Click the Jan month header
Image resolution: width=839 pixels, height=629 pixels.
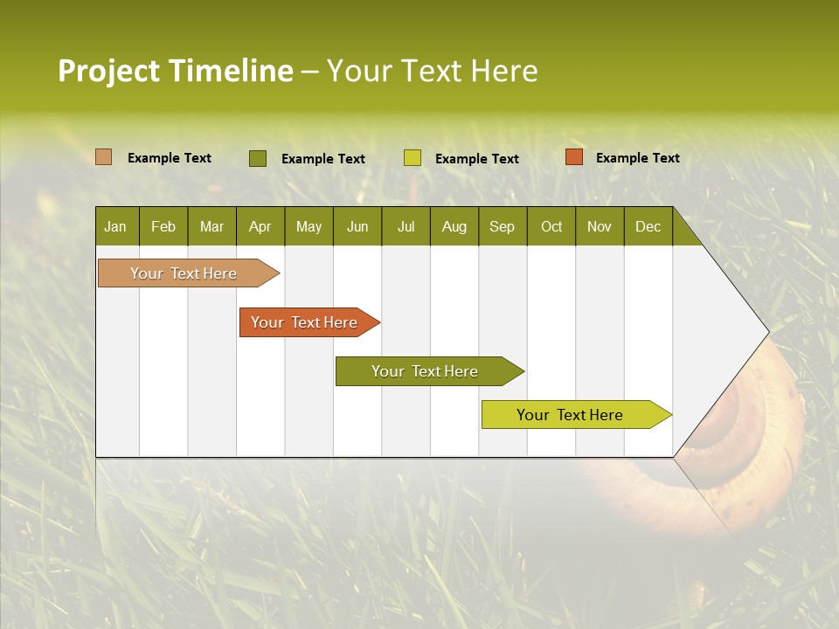tap(115, 227)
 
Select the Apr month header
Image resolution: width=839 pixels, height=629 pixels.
tap(260, 227)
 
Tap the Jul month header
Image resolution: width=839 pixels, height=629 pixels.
tap(406, 227)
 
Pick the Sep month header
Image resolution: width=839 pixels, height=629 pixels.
tap(502, 227)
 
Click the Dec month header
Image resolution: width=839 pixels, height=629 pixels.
tap(648, 227)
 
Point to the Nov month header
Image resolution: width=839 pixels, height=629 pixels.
tap(599, 227)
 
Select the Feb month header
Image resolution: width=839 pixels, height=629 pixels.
tap(163, 227)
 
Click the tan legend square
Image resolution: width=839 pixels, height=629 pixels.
tap(103, 157)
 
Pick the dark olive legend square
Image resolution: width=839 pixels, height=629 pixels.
tap(257, 158)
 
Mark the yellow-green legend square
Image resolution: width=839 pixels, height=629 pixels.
tap(412, 158)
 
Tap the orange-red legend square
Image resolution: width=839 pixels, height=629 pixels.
tap(573, 157)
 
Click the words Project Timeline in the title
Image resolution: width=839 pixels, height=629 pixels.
tap(175, 71)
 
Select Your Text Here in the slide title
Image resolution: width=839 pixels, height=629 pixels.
tap(432, 71)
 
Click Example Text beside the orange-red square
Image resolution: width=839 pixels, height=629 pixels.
tap(637, 158)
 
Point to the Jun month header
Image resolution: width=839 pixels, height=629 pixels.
tap(357, 227)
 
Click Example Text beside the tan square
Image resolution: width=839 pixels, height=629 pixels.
tap(169, 158)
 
